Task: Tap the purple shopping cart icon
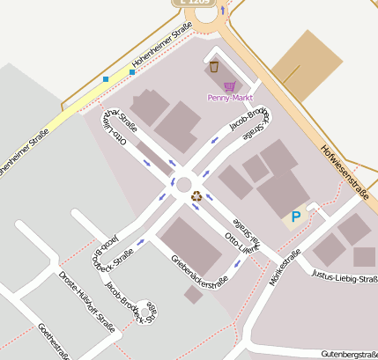pyautogui.click(x=229, y=85)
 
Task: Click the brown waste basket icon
pyautogui.click(x=213, y=66)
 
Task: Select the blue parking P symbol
pyautogui.click(x=296, y=216)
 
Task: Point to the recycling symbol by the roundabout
pyautogui.click(x=196, y=196)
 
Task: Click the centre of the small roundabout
pyautogui.click(x=184, y=185)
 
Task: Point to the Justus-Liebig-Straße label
pyautogui.click(x=346, y=280)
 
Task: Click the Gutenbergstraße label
pyautogui.click(x=349, y=353)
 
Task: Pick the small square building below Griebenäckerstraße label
pyautogui.click(x=193, y=295)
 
